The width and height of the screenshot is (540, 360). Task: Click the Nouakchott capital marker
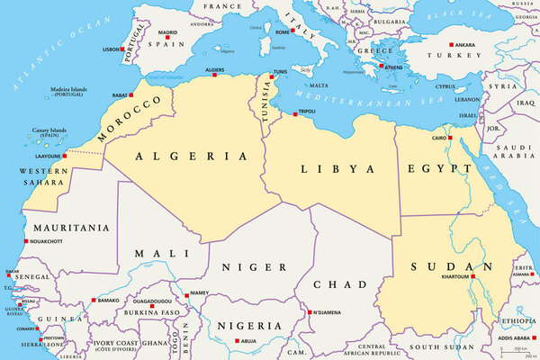(25, 240)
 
